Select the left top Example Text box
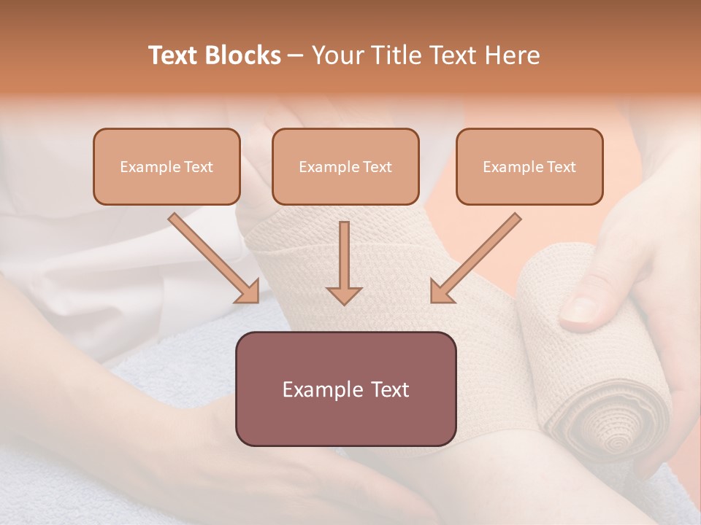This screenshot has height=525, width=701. click(x=166, y=166)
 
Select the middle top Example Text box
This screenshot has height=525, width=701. click(x=345, y=166)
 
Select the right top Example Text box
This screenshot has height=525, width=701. click(x=529, y=166)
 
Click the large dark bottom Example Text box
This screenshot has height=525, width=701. click(x=346, y=389)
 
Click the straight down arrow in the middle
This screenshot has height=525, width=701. click(x=344, y=262)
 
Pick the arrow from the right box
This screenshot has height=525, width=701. click(x=475, y=258)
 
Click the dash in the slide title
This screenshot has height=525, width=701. click(x=296, y=55)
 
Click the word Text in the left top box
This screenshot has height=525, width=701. click(x=199, y=167)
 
